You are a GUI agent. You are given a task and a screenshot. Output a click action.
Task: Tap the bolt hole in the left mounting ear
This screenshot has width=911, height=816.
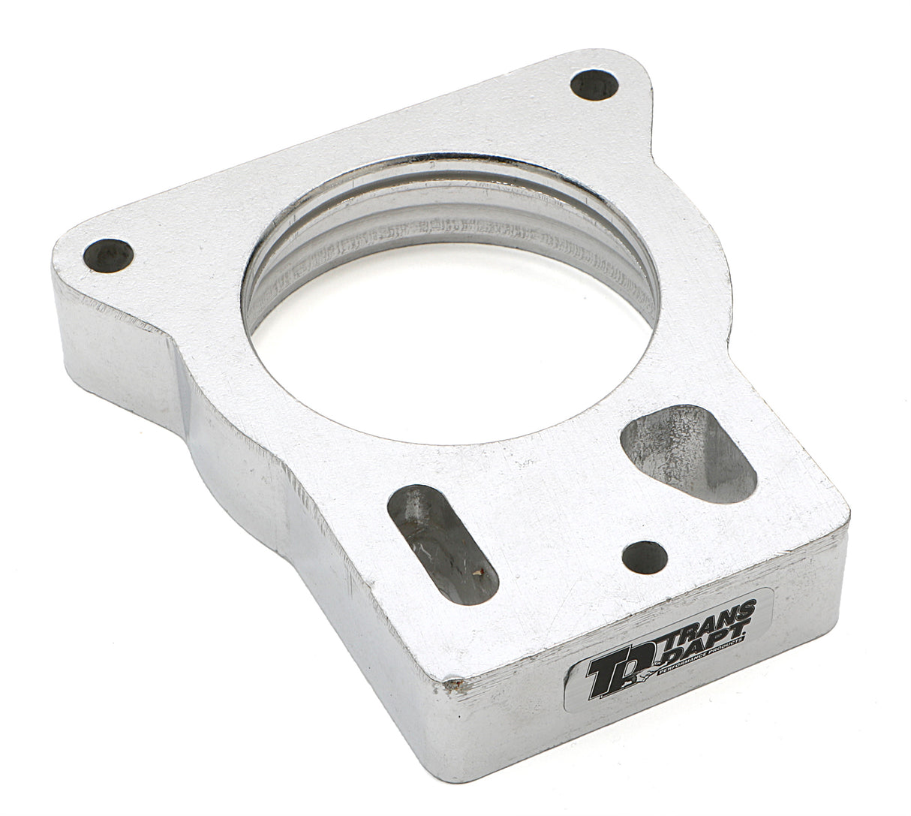click(x=108, y=255)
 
